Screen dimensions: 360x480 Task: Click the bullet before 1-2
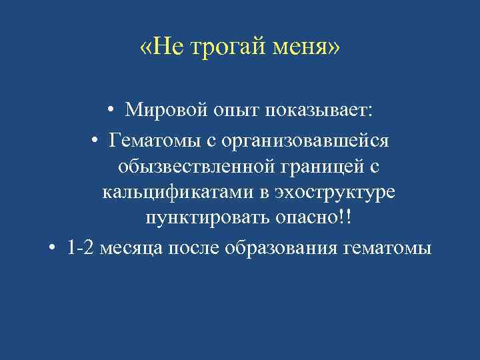click(53, 248)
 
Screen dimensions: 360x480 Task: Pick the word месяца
click(134, 248)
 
